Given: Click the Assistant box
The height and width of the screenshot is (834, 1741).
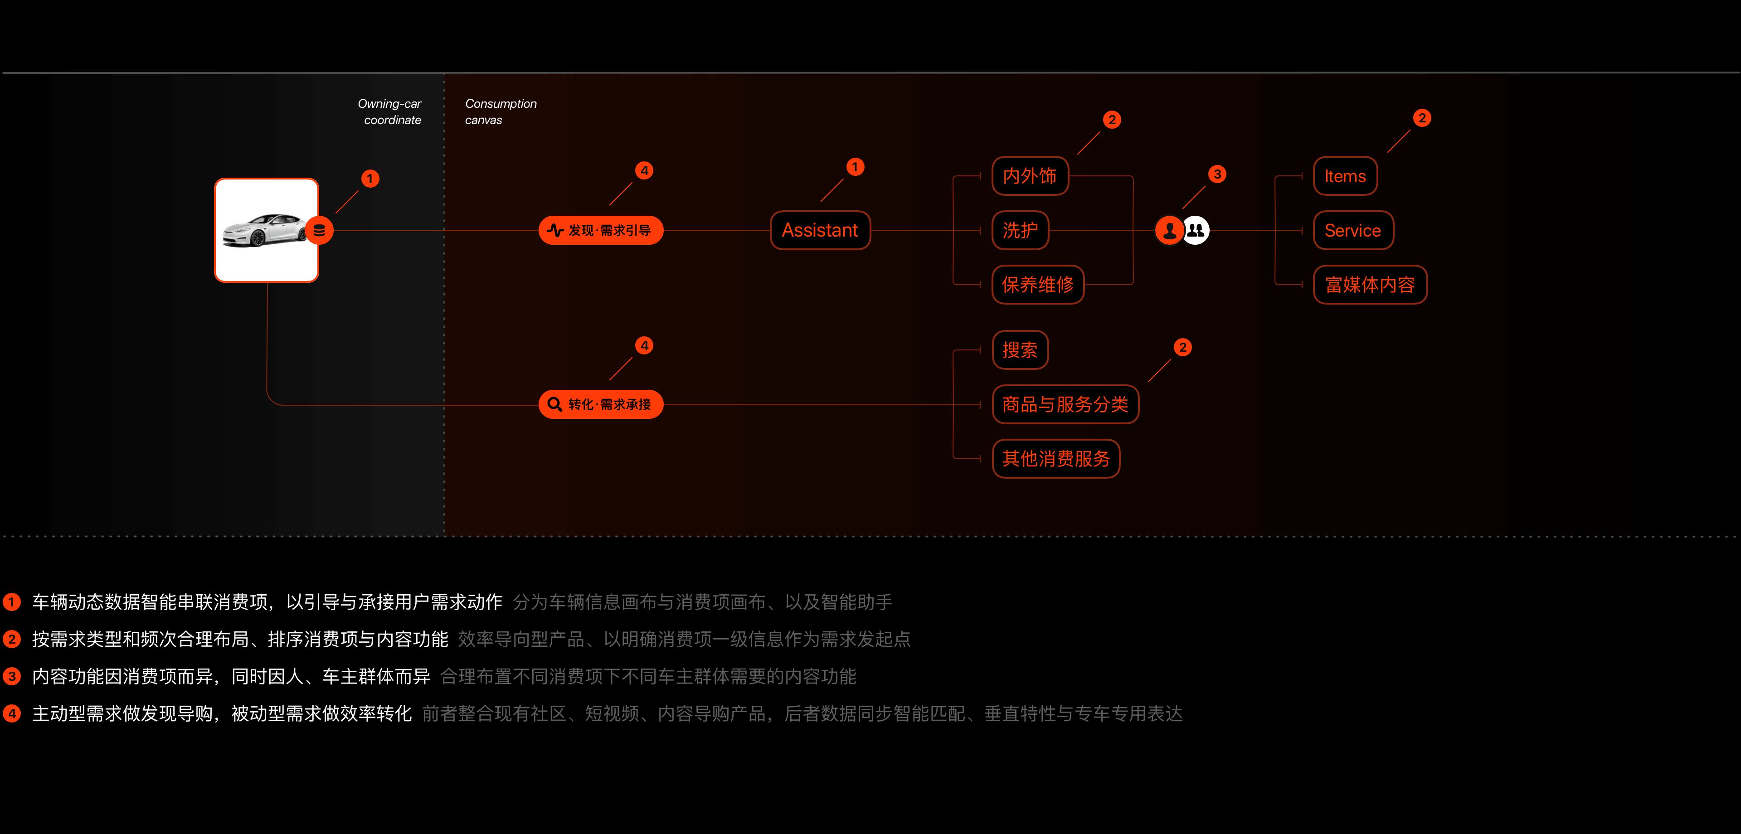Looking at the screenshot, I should pyautogui.click(x=820, y=230).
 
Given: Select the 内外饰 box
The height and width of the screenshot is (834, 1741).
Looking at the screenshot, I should pyautogui.click(x=1029, y=176).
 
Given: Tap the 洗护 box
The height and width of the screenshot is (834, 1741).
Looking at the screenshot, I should pyautogui.click(x=1020, y=230).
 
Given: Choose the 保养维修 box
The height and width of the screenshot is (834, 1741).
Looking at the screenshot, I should pyautogui.click(x=1037, y=285).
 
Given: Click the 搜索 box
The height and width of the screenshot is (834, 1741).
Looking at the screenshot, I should pyautogui.click(x=1020, y=350).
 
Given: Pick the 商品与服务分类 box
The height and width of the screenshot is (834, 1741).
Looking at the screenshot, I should pyautogui.click(x=1065, y=404).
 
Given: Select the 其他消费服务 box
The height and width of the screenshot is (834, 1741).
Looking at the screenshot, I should pyautogui.click(x=1055, y=459).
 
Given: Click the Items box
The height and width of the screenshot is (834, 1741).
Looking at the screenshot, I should pyautogui.click(x=1345, y=176).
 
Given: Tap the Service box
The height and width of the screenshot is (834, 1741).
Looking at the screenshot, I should pyautogui.click(x=1352, y=230).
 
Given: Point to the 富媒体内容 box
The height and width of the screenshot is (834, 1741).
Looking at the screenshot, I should pyautogui.click(x=1370, y=285).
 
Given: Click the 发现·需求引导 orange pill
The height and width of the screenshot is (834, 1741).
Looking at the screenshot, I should pyautogui.click(x=601, y=230).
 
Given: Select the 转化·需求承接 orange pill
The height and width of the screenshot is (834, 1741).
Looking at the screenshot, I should pyautogui.click(x=601, y=404).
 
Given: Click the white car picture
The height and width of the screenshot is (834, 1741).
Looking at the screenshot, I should pyautogui.click(x=266, y=230).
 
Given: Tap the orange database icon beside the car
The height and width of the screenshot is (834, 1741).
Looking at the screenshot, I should pyautogui.click(x=319, y=230).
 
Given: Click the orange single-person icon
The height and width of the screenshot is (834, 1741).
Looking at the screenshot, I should pyautogui.click(x=1169, y=230).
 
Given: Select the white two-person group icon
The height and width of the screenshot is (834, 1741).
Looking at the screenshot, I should pyautogui.click(x=1196, y=230).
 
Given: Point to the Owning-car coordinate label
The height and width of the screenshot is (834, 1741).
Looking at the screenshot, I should pyautogui.click(x=390, y=112).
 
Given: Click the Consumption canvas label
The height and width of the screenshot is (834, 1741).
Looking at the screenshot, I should pyautogui.click(x=500, y=112).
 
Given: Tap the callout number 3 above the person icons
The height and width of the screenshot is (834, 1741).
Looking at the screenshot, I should pyautogui.click(x=1217, y=175).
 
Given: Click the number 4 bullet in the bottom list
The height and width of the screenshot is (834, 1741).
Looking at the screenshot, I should pyautogui.click(x=11, y=713).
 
